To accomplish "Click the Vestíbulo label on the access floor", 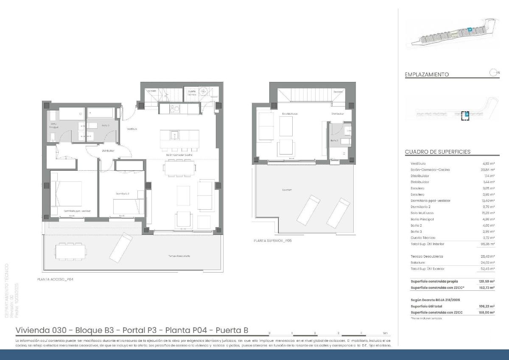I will click(x=131, y=129).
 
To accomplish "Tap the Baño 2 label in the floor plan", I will click(x=105, y=126).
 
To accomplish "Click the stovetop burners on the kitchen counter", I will click(x=174, y=109).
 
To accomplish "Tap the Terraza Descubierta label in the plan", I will click(x=178, y=256).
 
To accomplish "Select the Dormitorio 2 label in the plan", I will click(x=122, y=194).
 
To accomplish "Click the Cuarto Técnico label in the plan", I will click(x=191, y=93).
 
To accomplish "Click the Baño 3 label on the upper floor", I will click(x=334, y=140).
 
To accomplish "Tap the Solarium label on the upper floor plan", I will click(x=287, y=190).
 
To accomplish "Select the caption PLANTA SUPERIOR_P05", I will click(x=272, y=240).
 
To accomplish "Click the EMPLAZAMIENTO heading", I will click(x=427, y=74).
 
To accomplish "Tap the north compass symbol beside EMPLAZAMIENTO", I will click(x=494, y=73).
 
